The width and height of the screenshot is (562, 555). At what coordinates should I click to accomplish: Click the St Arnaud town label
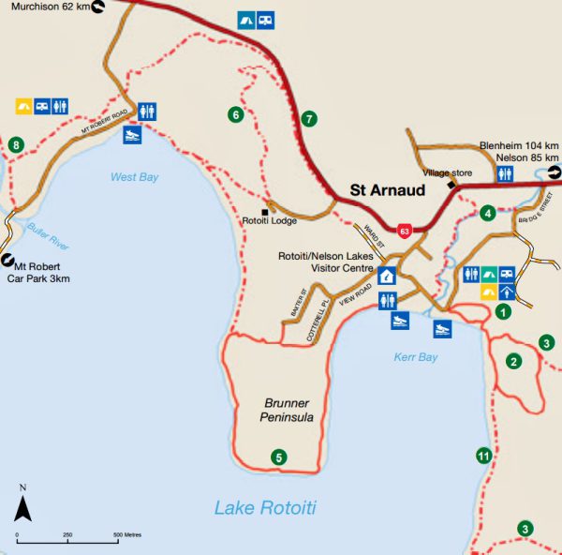387,190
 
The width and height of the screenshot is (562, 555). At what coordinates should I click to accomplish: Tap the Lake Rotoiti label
265,508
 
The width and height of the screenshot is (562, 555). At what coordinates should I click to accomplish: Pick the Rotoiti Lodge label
269,221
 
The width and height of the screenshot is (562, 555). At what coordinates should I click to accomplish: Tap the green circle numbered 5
277,457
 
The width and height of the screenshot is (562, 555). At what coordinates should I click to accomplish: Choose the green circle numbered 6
236,114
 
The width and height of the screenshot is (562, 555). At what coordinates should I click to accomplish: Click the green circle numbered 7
309,119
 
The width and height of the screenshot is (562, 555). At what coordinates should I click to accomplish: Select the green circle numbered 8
16,145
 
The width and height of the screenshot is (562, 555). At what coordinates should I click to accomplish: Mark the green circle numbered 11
483,457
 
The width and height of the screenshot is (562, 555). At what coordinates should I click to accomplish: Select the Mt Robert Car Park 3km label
45,273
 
